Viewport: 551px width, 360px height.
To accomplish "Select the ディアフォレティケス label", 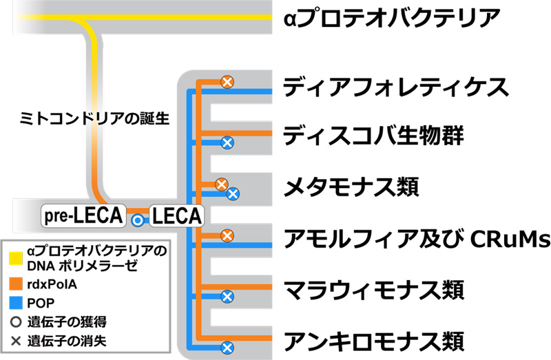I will [396, 87].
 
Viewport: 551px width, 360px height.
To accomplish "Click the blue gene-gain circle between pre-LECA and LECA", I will [138, 220].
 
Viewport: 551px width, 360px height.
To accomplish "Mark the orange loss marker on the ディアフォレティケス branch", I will [227, 82].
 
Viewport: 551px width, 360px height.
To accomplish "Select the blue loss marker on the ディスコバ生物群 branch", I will [226, 142].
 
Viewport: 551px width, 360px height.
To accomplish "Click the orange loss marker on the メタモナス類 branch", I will [221, 184].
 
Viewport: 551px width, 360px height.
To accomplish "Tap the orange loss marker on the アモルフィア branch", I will [227, 236].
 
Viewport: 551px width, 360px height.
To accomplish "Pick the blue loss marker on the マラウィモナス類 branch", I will [226, 297].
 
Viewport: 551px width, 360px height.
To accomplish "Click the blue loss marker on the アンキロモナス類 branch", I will [226, 347].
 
